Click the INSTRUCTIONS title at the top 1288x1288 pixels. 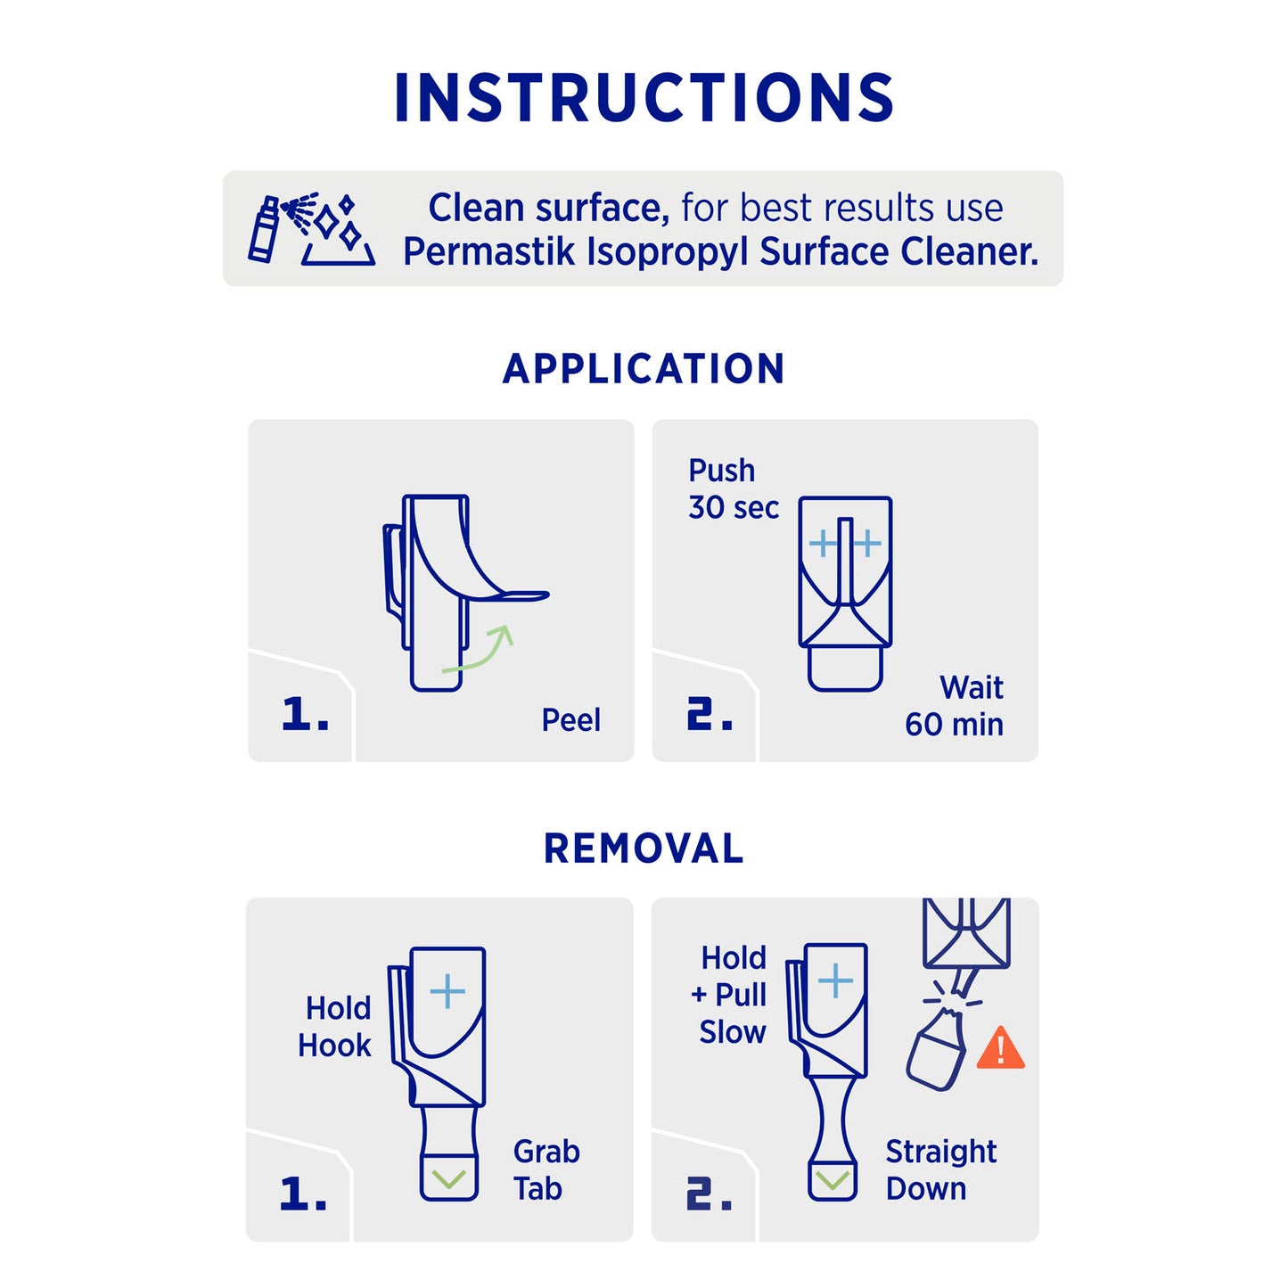[644, 97]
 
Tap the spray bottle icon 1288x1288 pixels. [263, 229]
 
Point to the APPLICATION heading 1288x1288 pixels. [644, 368]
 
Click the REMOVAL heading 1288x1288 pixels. [644, 849]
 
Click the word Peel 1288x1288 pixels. [570, 721]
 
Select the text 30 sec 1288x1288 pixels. [734, 508]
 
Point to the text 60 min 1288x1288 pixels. [954, 726]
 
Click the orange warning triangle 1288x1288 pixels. [1001, 1047]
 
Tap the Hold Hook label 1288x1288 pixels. [334, 1027]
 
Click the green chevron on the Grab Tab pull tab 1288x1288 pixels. [448, 1178]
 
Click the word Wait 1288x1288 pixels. [972, 688]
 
